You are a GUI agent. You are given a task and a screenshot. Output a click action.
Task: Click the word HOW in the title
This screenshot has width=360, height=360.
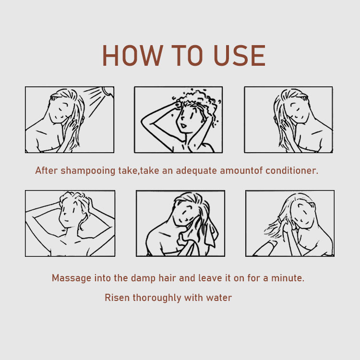tap(133, 55)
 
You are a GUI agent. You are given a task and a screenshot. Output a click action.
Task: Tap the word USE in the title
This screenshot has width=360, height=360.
tap(240, 55)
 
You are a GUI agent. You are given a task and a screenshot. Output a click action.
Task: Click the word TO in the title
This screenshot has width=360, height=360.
tap(187, 55)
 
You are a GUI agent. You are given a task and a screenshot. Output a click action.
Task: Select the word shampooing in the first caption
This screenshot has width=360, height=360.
tap(88, 171)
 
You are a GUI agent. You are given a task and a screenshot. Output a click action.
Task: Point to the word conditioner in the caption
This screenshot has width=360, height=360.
tap(292, 170)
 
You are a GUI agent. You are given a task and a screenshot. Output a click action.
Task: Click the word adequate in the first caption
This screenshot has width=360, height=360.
tap(196, 171)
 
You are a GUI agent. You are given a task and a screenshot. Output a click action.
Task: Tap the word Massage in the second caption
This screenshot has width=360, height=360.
tap(72, 278)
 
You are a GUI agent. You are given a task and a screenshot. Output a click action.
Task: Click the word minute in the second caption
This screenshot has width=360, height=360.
tap(288, 278)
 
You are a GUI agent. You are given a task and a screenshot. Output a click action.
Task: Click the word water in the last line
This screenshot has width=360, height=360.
tap(219, 298)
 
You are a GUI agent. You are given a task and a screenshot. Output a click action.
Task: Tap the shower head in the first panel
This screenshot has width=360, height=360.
tap(108, 91)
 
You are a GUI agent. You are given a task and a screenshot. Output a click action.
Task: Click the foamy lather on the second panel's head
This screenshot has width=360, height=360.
tap(196, 101)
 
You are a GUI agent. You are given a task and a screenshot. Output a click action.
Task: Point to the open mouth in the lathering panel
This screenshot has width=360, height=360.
tap(183, 126)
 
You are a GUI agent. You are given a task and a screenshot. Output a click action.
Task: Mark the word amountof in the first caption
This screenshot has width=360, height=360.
tap(241, 170)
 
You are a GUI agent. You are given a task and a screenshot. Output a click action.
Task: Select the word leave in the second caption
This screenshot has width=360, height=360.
tap(210, 278)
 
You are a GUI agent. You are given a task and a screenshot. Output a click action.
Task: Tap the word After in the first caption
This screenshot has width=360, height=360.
tap(46, 170)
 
